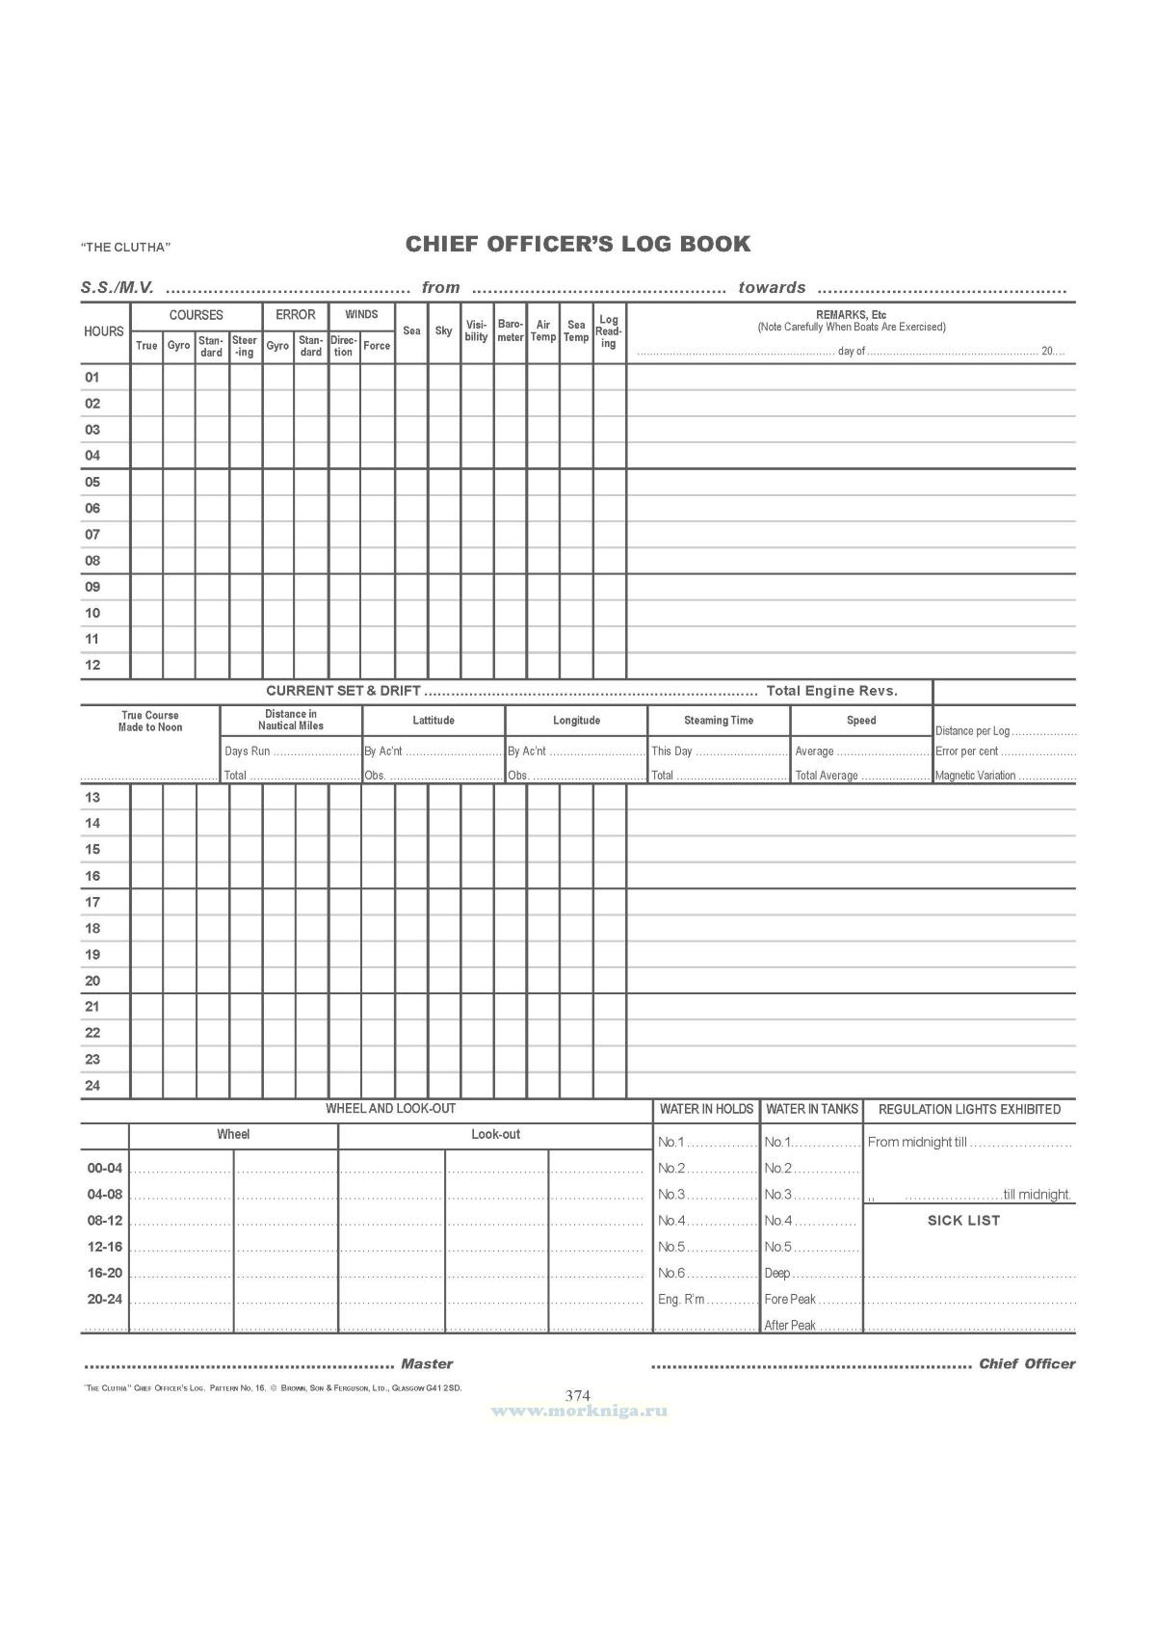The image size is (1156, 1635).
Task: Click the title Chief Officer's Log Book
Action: point(578,244)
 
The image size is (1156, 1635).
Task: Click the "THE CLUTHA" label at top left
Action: point(125,248)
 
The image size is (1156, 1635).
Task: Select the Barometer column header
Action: point(511,330)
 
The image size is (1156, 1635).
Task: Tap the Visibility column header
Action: point(477,330)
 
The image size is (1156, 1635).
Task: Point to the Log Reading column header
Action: point(609,330)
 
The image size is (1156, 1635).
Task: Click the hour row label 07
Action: point(92,535)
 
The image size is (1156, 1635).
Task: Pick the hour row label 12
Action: point(92,666)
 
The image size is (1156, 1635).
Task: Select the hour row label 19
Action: point(92,955)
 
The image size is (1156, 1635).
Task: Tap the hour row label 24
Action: point(92,1086)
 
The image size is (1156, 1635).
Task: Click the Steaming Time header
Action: point(719,721)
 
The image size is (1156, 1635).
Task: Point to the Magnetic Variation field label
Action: point(976,776)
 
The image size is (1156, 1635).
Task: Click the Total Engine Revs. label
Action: point(832,691)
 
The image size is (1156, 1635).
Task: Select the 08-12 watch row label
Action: point(105,1221)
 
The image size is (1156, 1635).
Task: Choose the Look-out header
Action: point(495,1135)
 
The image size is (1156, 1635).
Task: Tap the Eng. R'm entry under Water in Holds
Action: point(681,1300)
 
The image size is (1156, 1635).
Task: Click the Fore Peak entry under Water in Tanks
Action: point(790,1300)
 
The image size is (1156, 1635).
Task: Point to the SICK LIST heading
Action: point(963,1221)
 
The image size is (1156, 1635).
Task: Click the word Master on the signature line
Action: point(427,1364)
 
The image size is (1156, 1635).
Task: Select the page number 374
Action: point(578,1395)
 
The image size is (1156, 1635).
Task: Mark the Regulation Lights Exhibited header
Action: point(969,1110)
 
